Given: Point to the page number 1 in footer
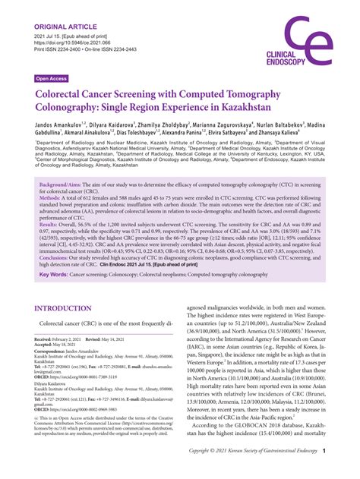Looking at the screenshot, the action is [324, 471].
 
